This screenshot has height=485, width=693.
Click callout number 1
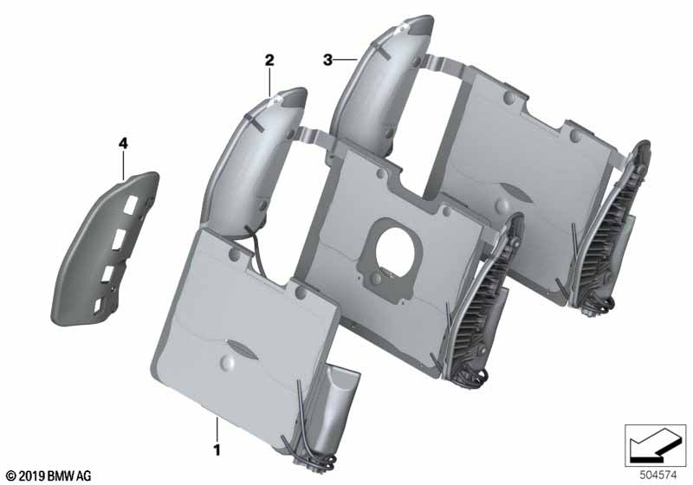click(217, 450)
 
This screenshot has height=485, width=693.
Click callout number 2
click(269, 60)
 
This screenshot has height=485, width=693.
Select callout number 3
click(327, 60)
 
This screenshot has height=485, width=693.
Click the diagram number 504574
click(658, 475)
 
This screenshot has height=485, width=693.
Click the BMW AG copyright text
click(49, 476)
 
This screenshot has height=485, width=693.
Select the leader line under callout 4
click(123, 165)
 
